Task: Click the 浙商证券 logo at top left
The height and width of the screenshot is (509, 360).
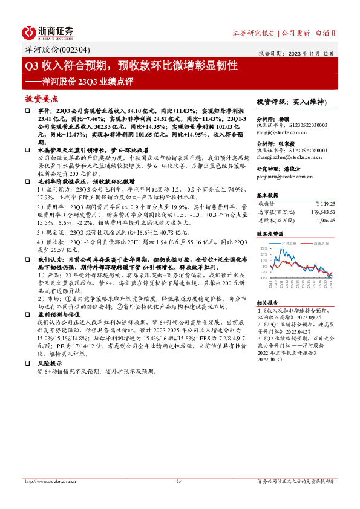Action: [48, 32]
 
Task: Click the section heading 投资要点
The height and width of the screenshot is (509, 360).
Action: [41, 98]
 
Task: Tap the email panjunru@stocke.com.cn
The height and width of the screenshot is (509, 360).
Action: [284, 177]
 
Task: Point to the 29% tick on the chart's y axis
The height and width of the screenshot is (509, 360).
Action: [264, 248]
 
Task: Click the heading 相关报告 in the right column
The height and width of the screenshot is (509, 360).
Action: [267, 302]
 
